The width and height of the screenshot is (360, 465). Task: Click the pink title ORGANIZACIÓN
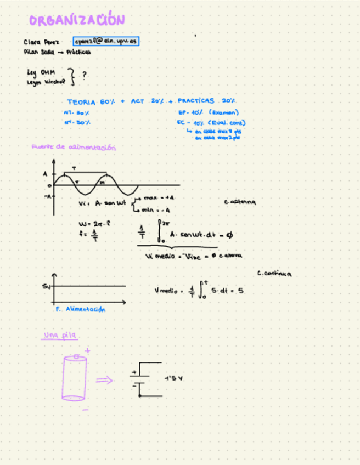(x=77, y=20)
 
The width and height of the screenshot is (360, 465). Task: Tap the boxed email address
(x=106, y=41)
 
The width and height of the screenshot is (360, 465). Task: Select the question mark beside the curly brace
(x=84, y=75)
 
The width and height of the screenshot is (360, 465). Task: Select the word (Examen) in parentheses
(x=223, y=112)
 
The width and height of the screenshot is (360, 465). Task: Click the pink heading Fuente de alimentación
(x=74, y=148)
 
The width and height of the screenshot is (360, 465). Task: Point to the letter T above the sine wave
(x=74, y=168)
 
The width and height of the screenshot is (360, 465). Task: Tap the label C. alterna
(x=240, y=202)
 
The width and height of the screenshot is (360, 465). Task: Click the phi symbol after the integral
(x=229, y=234)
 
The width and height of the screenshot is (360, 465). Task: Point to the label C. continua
(x=274, y=274)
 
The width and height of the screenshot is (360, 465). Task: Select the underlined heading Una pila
(x=61, y=336)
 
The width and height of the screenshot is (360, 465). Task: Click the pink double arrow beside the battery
(x=104, y=380)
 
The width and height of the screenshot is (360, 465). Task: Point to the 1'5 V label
(x=173, y=378)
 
